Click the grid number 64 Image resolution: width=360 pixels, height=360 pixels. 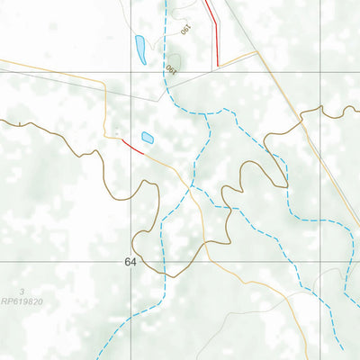pos(131,262)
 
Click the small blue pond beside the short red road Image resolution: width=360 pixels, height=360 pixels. pos(147,138)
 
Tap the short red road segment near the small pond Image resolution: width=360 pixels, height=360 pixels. pos(131,145)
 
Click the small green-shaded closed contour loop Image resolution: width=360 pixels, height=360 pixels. pos(174,61)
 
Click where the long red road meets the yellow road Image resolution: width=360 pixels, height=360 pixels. pos(218,66)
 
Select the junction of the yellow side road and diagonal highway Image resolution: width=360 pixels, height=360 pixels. pos(257,51)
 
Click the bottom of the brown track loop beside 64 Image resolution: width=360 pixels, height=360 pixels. pos(162,273)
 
